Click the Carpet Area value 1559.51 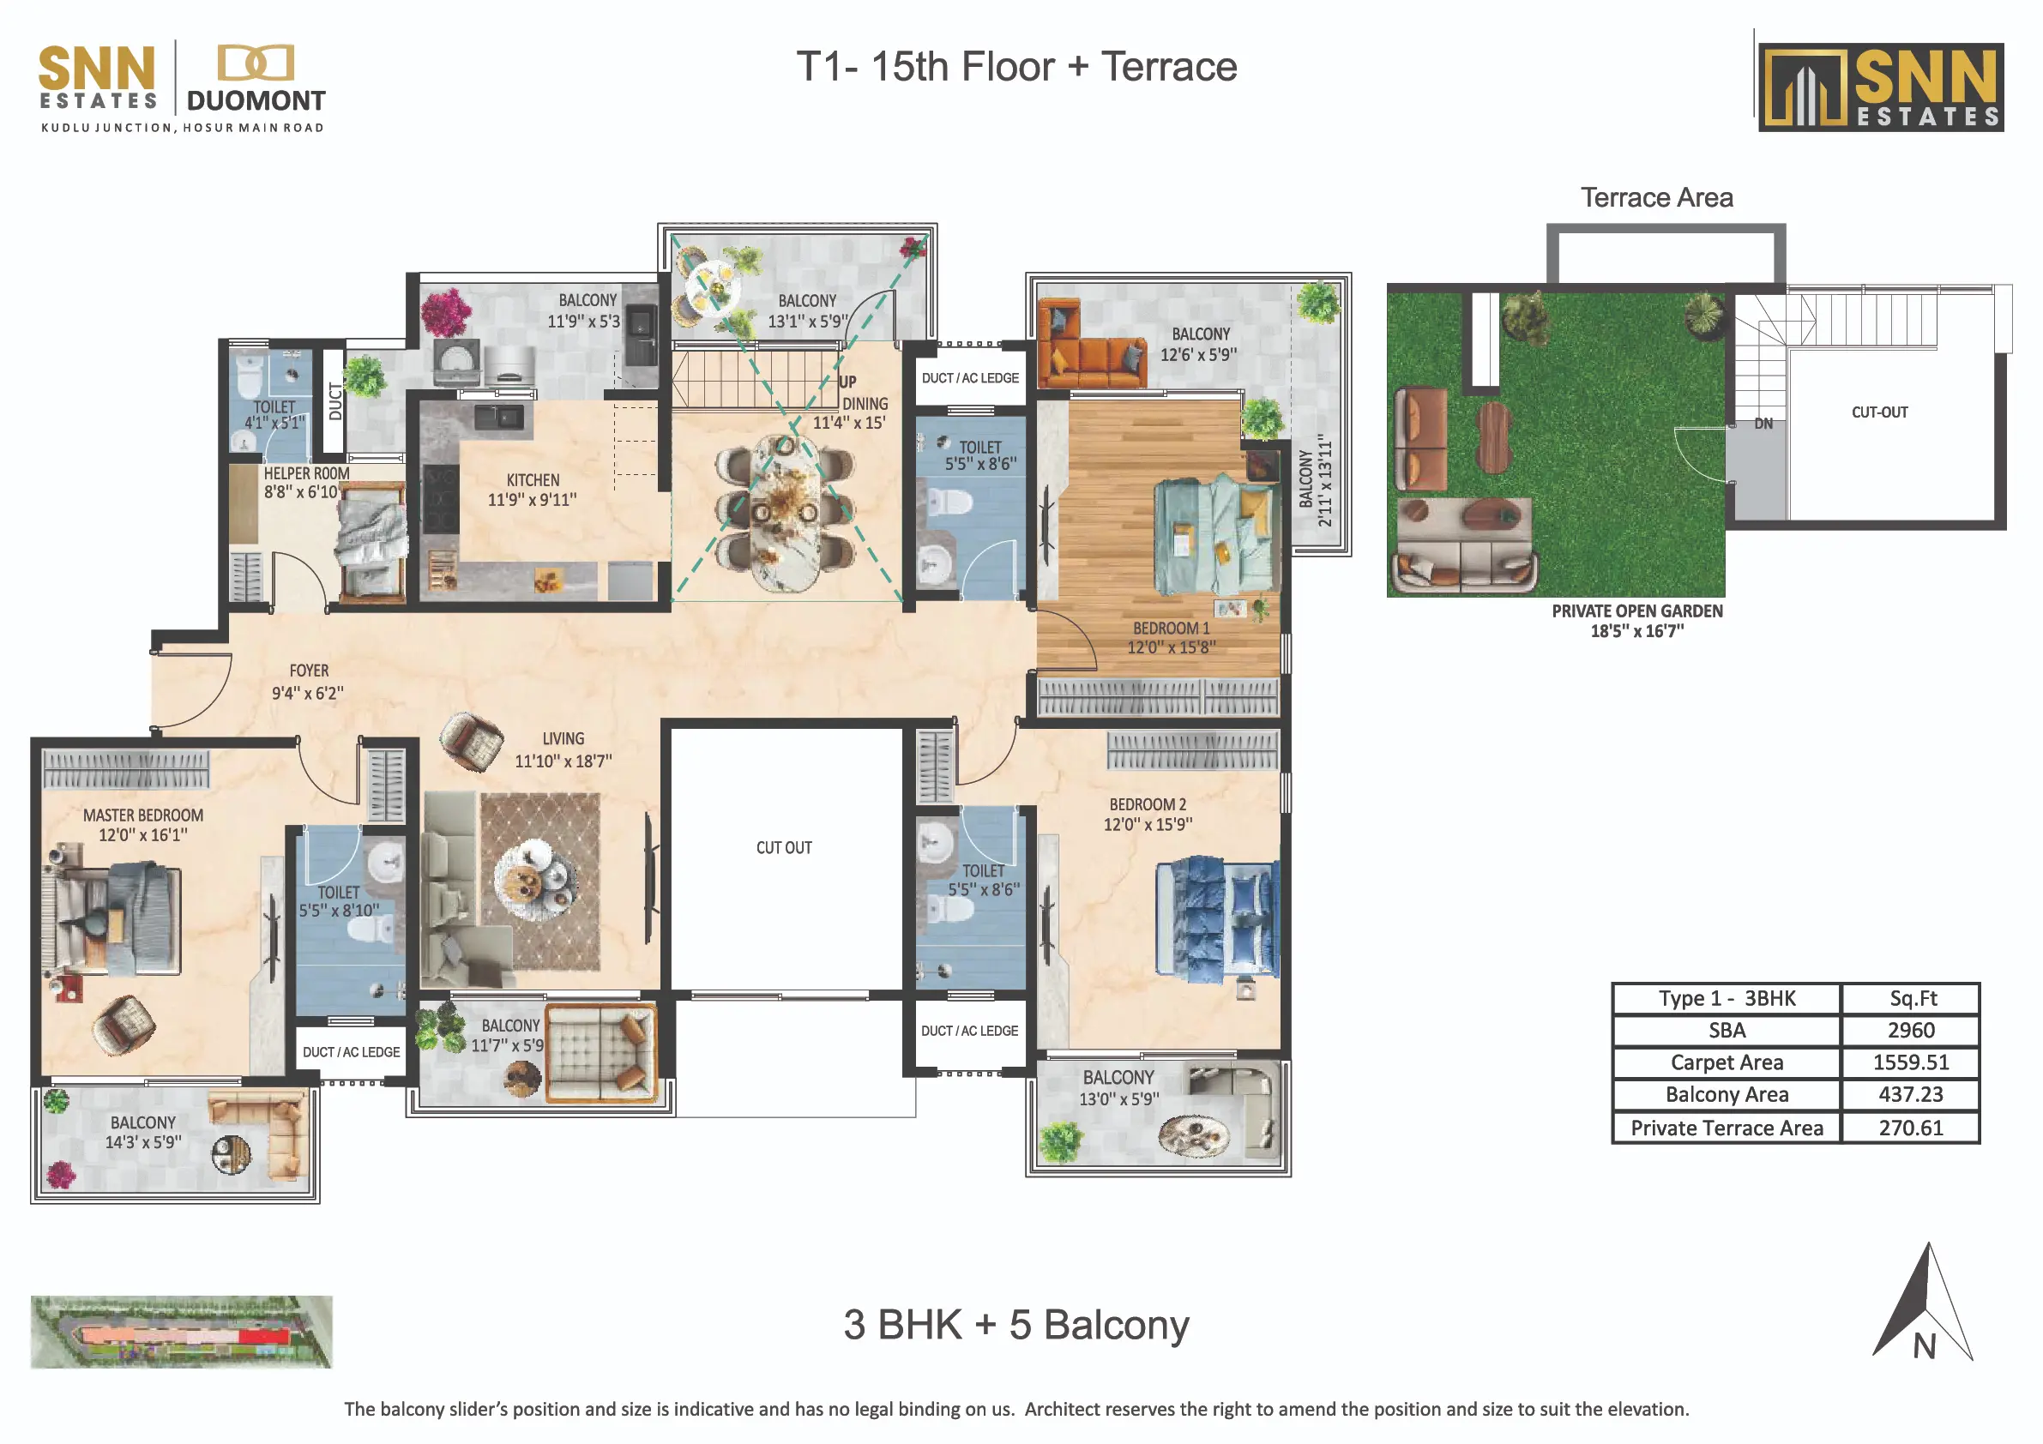click(x=1910, y=1062)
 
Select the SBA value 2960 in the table click(x=1910, y=1031)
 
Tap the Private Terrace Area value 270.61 click(x=1910, y=1128)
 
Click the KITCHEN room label click(x=533, y=480)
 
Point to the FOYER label click(x=309, y=671)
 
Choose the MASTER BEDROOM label click(x=143, y=815)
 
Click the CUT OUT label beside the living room click(x=784, y=848)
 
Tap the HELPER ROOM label click(x=306, y=473)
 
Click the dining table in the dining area click(x=785, y=514)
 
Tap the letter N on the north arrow click(x=1925, y=1346)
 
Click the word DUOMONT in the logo click(x=256, y=100)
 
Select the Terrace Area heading click(x=1657, y=196)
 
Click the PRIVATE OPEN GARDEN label click(x=1637, y=611)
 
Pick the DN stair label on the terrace click(x=1763, y=424)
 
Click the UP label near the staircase click(x=848, y=382)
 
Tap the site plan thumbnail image click(x=182, y=1331)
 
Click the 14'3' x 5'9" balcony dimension click(x=143, y=1141)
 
